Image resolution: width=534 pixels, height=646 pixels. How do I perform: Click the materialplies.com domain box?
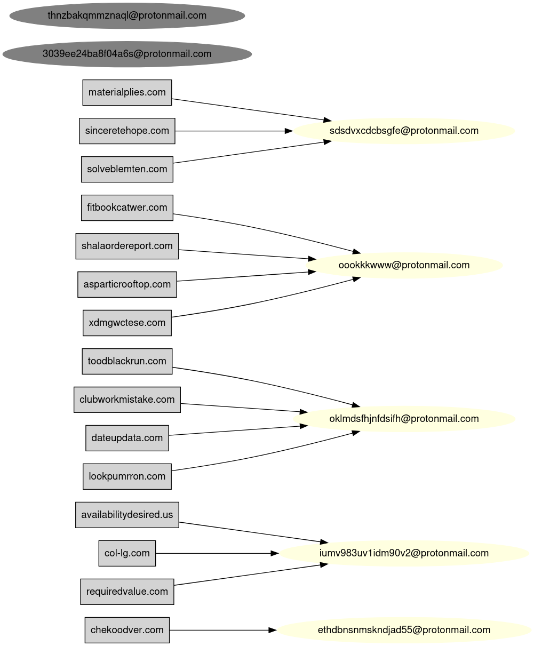click(127, 92)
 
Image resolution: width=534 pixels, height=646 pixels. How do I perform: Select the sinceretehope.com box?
click(127, 131)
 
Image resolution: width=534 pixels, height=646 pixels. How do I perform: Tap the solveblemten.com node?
click(127, 169)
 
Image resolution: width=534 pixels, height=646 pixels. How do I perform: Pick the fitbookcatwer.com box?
click(127, 208)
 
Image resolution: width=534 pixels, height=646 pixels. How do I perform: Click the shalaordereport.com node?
click(127, 246)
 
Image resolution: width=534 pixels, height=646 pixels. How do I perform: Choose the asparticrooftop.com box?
click(127, 284)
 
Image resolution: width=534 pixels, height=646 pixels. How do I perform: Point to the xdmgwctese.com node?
click(127, 323)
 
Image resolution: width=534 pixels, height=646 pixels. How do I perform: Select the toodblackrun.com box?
click(127, 361)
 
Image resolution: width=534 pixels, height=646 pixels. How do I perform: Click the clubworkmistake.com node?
click(127, 400)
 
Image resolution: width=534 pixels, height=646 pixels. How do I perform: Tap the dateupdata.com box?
click(127, 438)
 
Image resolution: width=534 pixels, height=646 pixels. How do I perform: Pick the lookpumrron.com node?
click(127, 476)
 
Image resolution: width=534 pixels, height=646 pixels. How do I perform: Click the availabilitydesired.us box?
click(127, 515)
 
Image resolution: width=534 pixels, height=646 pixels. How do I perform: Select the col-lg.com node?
click(127, 553)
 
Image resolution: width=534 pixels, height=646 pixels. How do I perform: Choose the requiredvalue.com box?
click(127, 592)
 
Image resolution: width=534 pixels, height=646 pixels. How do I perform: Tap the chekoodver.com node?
click(127, 630)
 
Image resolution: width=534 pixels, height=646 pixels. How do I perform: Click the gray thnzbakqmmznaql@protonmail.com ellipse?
click(127, 15)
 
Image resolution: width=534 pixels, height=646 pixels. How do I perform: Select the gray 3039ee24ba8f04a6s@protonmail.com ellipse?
click(127, 54)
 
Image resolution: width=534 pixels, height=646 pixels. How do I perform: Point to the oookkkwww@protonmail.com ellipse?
click(404, 265)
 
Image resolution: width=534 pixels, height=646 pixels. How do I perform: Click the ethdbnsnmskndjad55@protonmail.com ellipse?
click(404, 630)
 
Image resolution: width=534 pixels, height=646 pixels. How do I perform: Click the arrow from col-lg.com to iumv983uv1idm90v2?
click(216, 553)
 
